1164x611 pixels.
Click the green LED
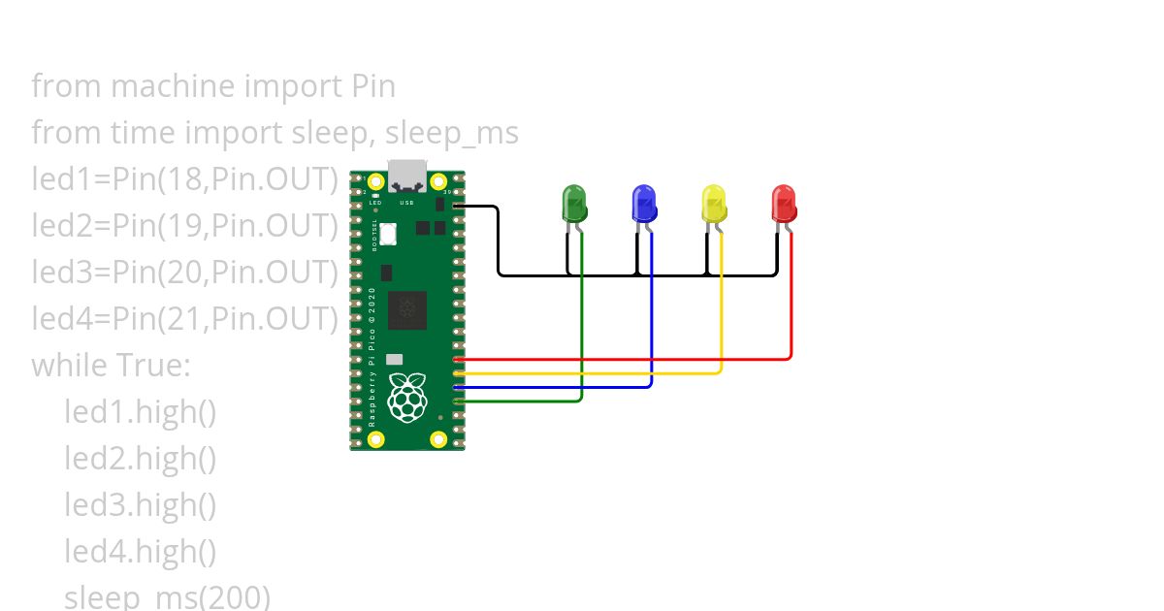tap(575, 205)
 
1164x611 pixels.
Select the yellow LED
tap(714, 205)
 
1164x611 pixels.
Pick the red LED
tap(784, 205)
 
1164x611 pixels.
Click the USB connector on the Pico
tap(406, 174)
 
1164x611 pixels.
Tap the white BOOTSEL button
tap(389, 234)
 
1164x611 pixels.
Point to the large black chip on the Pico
tap(406, 310)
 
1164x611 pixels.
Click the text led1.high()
tap(141, 412)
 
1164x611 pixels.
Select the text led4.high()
tap(141, 552)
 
